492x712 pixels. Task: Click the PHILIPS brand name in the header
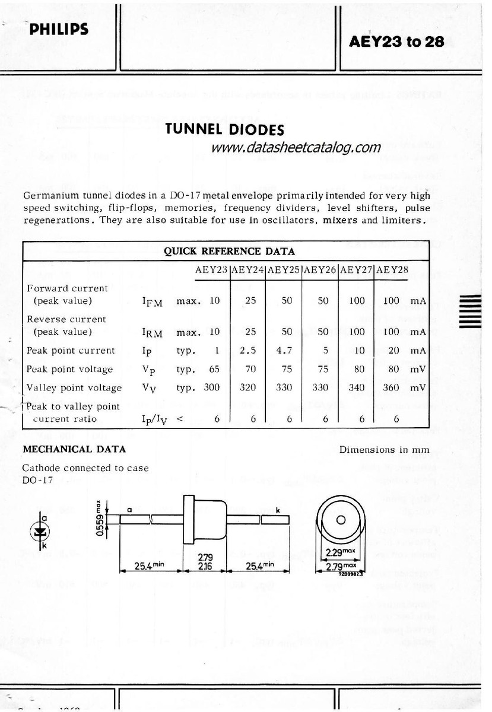[x=59, y=29]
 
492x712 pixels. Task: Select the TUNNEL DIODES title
[x=225, y=129]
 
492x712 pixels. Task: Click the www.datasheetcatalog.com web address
[x=296, y=147]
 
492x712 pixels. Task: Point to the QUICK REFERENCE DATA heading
[x=229, y=251]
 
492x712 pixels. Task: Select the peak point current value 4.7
[x=287, y=350]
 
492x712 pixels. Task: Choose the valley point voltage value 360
[x=391, y=387]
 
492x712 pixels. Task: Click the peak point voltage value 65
[x=214, y=369]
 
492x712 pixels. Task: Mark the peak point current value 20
[x=393, y=350]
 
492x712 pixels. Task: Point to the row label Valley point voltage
[x=74, y=387]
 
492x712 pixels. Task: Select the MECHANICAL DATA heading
[x=74, y=449]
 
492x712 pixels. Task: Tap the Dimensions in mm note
[x=384, y=449]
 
